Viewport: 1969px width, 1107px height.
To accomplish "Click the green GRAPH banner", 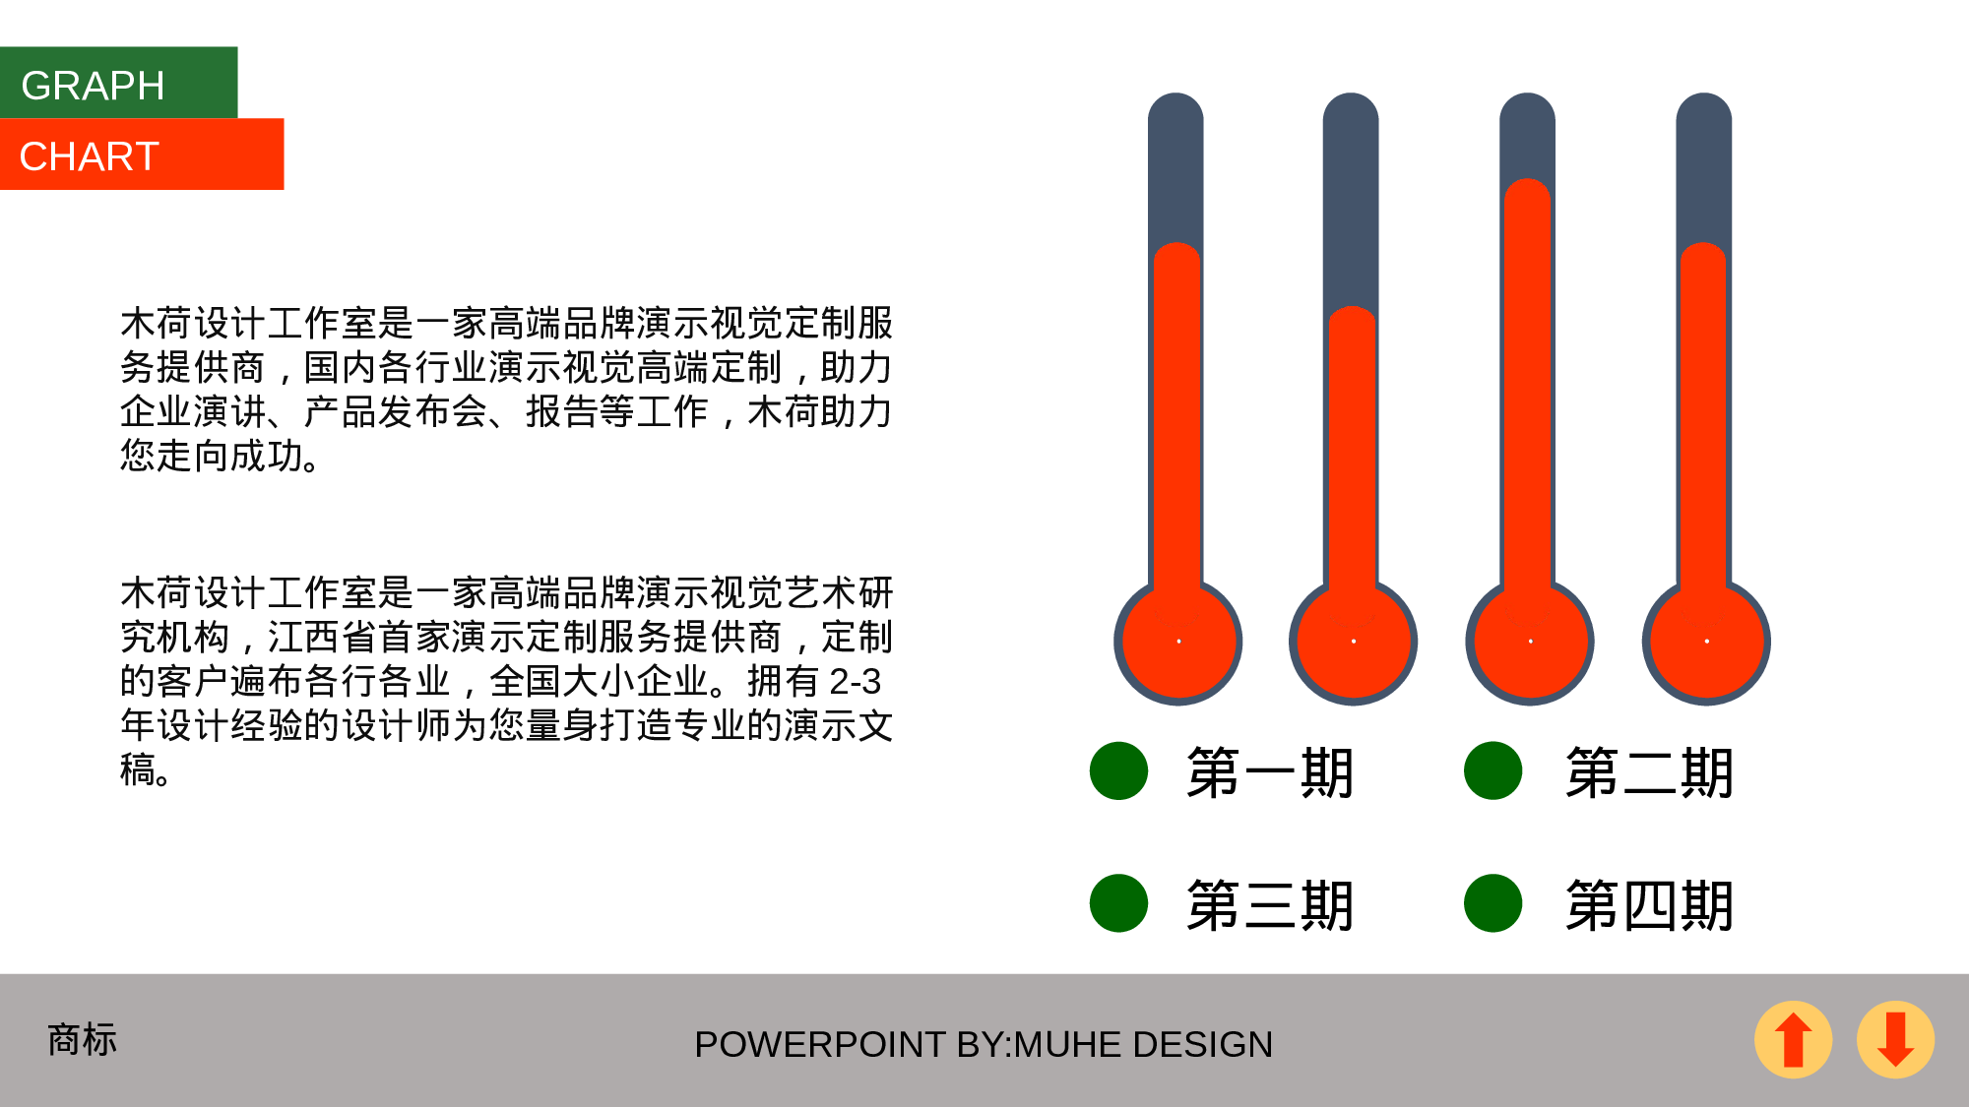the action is (x=118, y=83).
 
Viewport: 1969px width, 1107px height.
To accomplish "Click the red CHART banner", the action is (x=142, y=154).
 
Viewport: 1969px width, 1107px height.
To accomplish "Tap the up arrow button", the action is (x=1793, y=1039).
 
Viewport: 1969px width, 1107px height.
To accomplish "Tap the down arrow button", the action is (x=1895, y=1039).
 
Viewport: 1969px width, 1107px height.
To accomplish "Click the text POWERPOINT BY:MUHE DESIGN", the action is (x=984, y=1044).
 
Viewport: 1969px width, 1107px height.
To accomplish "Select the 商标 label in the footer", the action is (x=83, y=1039).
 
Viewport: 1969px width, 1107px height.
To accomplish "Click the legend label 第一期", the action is (x=1270, y=772).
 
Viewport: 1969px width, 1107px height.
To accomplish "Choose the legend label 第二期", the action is (x=1649, y=772).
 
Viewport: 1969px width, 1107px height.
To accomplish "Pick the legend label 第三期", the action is (x=1270, y=905).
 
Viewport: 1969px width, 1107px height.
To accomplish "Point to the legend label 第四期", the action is (x=1649, y=905).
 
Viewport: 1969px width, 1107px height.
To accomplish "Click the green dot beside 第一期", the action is (x=1118, y=770).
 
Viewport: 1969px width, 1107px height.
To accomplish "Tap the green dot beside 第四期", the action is (x=1493, y=903).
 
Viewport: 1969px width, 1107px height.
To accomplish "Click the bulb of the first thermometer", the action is (x=1178, y=642).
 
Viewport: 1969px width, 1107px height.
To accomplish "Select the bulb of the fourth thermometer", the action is (x=1706, y=642).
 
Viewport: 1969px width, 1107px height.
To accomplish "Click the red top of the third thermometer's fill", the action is (x=1528, y=192).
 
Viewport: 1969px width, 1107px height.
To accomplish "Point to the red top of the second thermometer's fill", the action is (x=1352, y=320).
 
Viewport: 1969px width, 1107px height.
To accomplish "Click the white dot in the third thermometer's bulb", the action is (x=1530, y=642).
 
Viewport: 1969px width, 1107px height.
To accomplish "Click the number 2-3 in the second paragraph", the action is (x=855, y=682).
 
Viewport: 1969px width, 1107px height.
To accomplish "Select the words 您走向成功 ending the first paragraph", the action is (x=212, y=456).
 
